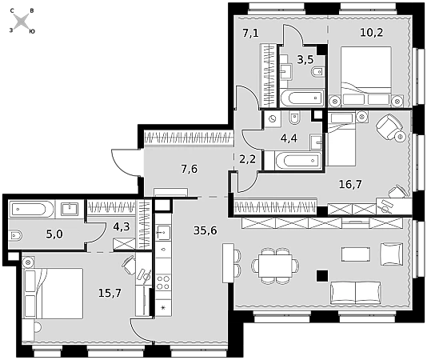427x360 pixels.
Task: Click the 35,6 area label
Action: [x=205, y=230]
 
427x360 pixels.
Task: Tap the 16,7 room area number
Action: [x=350, y=184]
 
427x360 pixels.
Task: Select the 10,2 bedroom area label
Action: [x=372, y=33]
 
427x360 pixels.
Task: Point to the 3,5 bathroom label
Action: [x=305, y=59]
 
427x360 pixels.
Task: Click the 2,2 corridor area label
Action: [x=248, y=158]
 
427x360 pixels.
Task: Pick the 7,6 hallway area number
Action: [x=190, y=169]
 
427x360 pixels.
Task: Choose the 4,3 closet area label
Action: [x=122, y=226]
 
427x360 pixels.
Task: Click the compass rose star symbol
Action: [x=22, y=22]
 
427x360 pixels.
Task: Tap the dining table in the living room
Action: [x=275, y=266]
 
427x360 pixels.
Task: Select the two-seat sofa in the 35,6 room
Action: [x=356, y=293]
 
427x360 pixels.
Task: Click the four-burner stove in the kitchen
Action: [x=163, y=282]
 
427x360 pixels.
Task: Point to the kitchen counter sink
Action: [x=163, y=233]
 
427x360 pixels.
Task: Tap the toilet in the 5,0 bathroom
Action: [x=15, y=236]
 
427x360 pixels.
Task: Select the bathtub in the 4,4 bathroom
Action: [x=298, y=161]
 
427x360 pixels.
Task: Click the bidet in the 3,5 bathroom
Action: [x=317, y=72]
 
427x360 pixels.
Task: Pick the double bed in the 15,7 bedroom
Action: [x=54, y=293]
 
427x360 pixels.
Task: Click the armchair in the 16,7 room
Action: [x=389, y=126]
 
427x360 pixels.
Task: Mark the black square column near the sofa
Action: [x=322, y=275]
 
